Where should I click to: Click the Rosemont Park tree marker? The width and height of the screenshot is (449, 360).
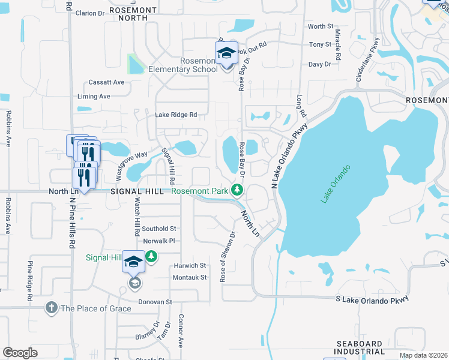click(x=238, y=191)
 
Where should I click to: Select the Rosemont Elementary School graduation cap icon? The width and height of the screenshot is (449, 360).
click(x=226, y=53)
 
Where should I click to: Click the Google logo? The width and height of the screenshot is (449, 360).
click(x=20, y=353)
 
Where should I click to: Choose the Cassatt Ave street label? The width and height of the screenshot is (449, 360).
click(x=106, y=82)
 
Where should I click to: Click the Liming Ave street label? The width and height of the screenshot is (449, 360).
click(x=94, y=96)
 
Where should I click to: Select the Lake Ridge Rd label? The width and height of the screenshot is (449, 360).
click(x=176, y=115)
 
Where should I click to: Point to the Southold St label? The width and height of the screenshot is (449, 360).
click(x=158, y=229)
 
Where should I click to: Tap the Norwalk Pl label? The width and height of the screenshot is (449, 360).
click(x=158, y=241)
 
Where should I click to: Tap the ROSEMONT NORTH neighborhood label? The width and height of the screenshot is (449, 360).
click(x=133, y=14)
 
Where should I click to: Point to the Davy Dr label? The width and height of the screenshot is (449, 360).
click(x=319, y=64)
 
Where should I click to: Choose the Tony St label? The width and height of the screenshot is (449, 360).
click(x=319, y=44)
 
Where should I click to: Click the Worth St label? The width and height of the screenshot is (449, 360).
click(x=320, y=26)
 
